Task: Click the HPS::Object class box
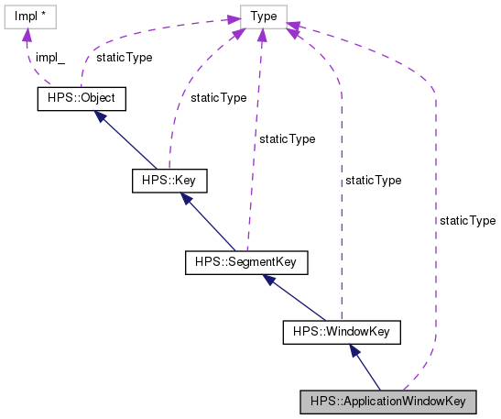click(80, 98)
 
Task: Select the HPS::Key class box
click(169, 181)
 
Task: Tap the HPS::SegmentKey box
click(245, 263)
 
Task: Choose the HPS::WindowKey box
click(342, 330)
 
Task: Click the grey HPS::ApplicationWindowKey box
click(388, 402)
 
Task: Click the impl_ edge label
click(50, 57)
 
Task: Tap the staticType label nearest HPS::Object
click(125, 57)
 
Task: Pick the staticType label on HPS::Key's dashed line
click(217, 96)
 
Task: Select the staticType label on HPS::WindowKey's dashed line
click(373, 181)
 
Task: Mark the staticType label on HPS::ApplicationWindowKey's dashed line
click(467, 221)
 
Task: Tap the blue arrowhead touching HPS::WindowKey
click(353, 350)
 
